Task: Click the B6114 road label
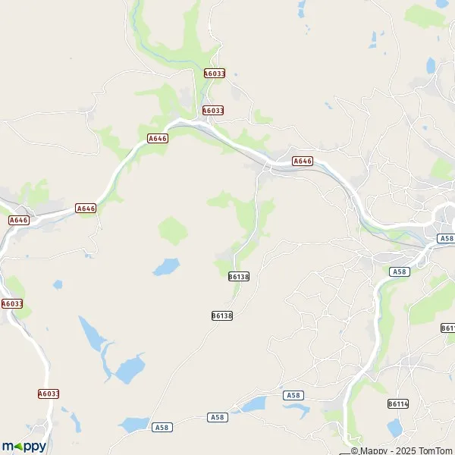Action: point(397,403)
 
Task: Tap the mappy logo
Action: point(24,446)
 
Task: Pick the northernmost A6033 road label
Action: point(215,74)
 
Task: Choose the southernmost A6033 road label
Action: point(48,394)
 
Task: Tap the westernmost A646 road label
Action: point(18,220)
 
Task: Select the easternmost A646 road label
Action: point(303,161)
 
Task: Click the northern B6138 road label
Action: point(238,277)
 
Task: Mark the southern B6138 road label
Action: point(221,315)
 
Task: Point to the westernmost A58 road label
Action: point(162,428)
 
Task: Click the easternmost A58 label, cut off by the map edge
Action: point(446,239)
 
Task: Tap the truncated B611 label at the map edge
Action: point(447,328)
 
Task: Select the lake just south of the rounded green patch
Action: point(166,266)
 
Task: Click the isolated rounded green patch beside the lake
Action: point(172,230)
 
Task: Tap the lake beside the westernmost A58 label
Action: point(135,424)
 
